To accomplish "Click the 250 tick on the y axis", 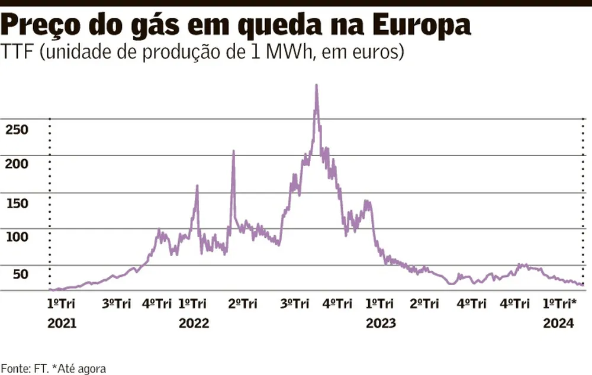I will point(17,129).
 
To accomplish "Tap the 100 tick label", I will point(17,238).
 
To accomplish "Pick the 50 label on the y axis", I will point(20,274).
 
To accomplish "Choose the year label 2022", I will point(194,324).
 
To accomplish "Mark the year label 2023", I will point(381,324).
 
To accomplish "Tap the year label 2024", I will point(558,324).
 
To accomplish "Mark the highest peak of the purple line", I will point(317,86).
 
